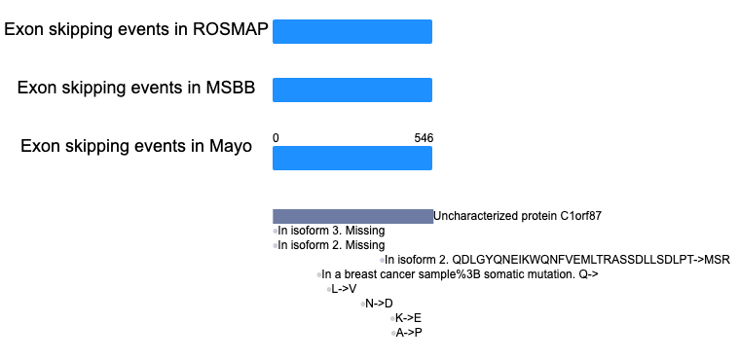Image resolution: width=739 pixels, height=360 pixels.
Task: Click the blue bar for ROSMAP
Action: pos(352,31)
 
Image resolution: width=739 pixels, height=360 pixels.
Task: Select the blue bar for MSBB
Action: pos(352,90)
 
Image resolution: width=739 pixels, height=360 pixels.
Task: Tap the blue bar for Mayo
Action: pos(352,158)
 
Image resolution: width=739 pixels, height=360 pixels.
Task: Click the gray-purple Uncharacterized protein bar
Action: pos(352,216)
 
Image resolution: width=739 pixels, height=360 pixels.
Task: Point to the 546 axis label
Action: pos(424,138)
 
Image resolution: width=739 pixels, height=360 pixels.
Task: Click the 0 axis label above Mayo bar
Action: pos(276,138)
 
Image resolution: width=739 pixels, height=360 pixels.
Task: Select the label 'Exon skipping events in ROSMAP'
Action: pos(136,30)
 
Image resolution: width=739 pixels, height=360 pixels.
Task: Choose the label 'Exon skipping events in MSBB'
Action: pos(136,88)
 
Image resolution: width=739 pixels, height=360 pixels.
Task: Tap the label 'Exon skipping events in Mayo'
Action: pos(136,146)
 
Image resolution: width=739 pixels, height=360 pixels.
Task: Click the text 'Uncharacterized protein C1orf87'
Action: pos(517,216)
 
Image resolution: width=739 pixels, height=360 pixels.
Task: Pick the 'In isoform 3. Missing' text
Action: pos(331,231)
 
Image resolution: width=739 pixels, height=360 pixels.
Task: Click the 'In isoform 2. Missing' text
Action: pos(331,245)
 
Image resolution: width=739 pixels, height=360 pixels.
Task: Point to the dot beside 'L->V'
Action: pos(329,289)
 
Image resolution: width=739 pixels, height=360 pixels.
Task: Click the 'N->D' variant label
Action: pos(379,304)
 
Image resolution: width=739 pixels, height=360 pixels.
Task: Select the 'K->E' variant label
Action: pos(409,318)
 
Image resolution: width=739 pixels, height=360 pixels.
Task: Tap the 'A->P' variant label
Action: pos(409,333)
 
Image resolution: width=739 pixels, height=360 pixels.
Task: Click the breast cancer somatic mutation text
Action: pos(460,274)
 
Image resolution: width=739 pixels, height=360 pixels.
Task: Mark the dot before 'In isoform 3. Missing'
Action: pos(276,231)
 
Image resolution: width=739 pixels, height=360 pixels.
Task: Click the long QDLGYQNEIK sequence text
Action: pos(557,260)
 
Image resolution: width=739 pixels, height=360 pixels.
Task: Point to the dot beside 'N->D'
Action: pos(363,304)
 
